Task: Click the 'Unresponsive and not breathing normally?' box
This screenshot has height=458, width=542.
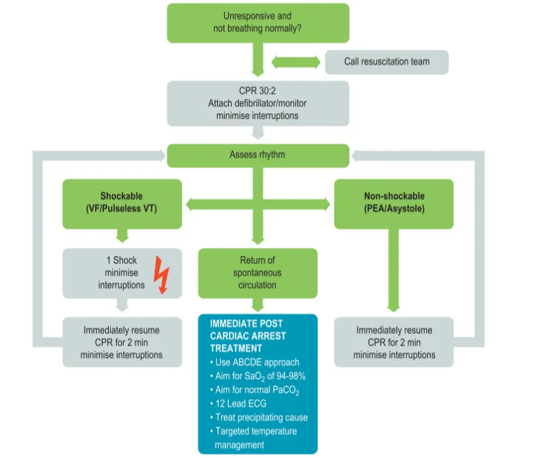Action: (257, 24)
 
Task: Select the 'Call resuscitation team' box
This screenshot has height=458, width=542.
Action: (387, 62)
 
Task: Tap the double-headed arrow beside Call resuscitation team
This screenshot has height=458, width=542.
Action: (295, 62)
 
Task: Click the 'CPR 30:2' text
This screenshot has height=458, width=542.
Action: (257, 91)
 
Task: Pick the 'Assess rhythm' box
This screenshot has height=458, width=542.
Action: (257, 155)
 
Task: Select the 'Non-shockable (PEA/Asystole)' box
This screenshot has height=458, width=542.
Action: (394, 203)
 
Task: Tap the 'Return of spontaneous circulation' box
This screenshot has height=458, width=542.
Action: (257, 272)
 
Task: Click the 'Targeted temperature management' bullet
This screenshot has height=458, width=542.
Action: (256, 437)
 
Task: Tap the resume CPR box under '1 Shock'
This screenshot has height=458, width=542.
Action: (122, 342)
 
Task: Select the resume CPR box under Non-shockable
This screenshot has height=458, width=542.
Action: (394, 342)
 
